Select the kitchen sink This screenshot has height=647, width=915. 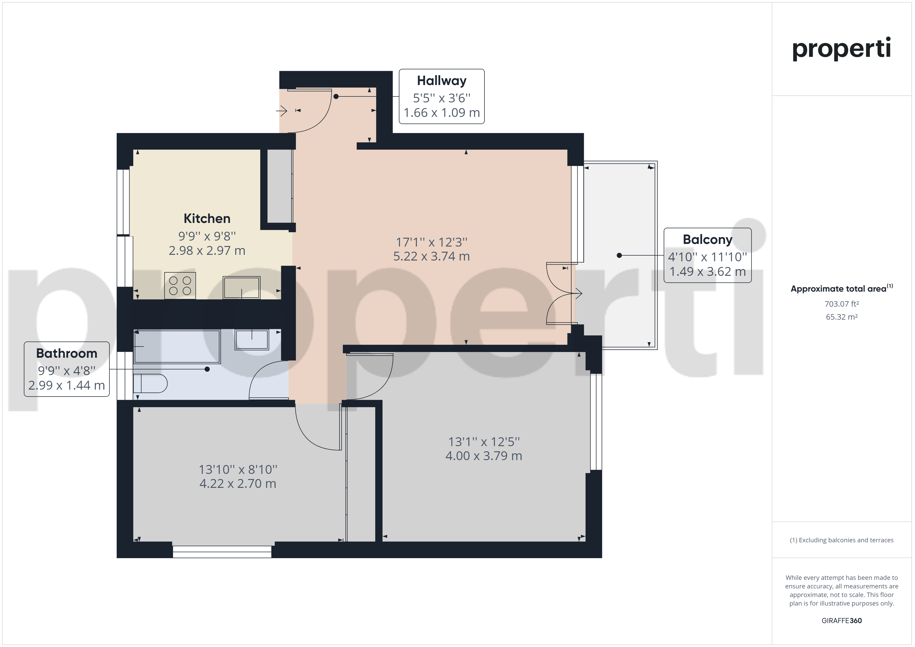pyautogui.click(x=241, y=287)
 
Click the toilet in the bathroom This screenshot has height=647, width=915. pyautogui.click(x=150, y=384)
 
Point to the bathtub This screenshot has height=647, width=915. pyautogui.click(x=177, y=346)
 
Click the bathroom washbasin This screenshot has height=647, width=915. pyautogui.click(x=252, y=339)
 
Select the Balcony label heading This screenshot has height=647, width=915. pyautogui.click(x=707, y=240)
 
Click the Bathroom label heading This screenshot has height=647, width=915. pyautogui.click(x=67, y=353)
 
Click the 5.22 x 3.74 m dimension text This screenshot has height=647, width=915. pyautogui.click(x=432, y=256)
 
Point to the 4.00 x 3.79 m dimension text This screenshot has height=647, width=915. pyautogui.click(x=484, y=456)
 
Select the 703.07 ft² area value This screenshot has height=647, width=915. pyautogui.click(x=842, y=304)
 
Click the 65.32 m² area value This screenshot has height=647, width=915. pyautogui.click(x=842, y=317)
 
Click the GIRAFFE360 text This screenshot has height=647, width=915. pyautogui.click(x=842, y=621)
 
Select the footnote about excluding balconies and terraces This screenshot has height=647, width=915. pyautogui.click(x=842, y=540)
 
